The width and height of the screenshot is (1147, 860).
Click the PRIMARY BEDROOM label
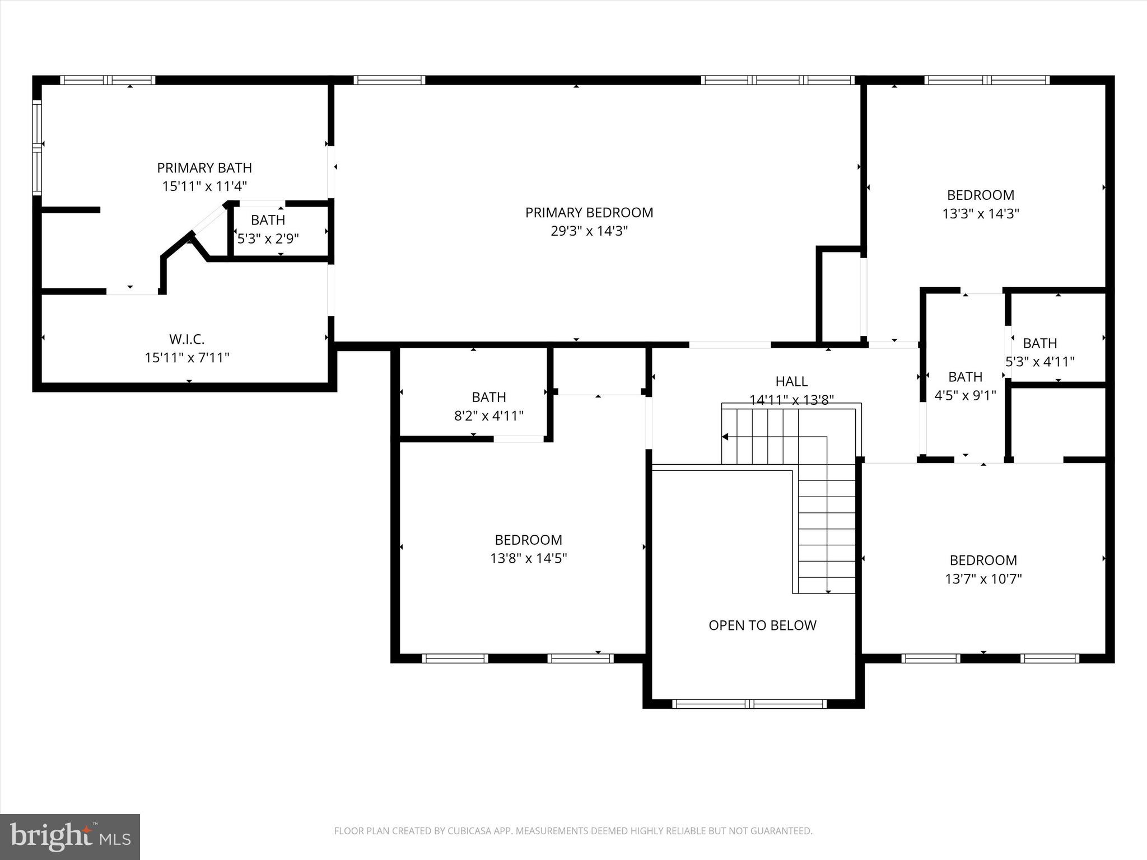pyautogui.click(x=589, y=213)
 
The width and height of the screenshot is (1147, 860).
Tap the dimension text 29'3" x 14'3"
pyautogui.click(x=589, y=231)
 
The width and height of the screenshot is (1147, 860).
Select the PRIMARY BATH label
pyautogui.click(x=204, y=168)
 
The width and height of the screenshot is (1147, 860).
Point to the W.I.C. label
pyautogui.click(x=187, y=339)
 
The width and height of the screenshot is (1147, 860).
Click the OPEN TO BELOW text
pyautogui.click(x=762, y=625)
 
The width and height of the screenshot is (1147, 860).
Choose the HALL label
pyautogui.click(x=791, y=382)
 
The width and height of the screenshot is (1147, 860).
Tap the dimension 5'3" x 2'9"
pyautogui.click(x=268, y=239)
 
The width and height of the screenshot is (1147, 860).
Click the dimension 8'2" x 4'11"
pyautogui.click(x=489, y=416)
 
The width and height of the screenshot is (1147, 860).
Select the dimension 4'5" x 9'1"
pyautogui.click(x=965, y=396)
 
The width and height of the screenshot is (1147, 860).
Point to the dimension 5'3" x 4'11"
pyautogui.click(x=1040, y=362)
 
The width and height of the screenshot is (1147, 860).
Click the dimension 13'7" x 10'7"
pyautogui.click(x=983, y=579)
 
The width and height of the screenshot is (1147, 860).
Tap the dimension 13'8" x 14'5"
pyautogui.click(x=529, y=558)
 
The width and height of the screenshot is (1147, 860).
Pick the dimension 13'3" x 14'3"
pyautogui.click(x=981, y=214)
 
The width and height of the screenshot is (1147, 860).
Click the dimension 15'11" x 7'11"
pyautogui.click(x=187, y=358)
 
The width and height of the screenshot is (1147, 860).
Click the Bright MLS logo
pyautogui.click(x=70, y=837)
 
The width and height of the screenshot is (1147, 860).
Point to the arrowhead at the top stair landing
pyautogui.click(x=726, y=437)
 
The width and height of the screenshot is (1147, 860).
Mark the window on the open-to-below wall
pyautogui.click(x=749, y=704)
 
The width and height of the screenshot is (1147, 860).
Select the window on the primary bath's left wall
pyautogui.click(x=37, y=147)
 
